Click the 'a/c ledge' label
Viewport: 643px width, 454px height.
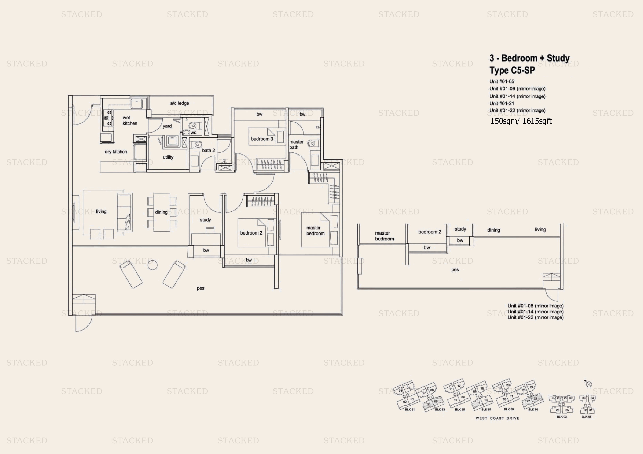coord(179,103)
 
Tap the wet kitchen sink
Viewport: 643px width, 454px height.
coord(137,103)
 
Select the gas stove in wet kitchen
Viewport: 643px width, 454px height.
coord(108,118)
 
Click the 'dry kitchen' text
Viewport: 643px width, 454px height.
coord(116,152)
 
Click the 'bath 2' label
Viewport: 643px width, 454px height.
coord(208,150)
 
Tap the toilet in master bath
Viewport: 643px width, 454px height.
coord(312,144)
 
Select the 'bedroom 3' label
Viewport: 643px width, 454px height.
coord(262,139)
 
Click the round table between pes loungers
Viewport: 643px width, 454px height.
coord(152,265)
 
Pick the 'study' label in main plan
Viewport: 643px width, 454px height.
coord(205,220)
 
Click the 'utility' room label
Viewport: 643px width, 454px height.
coord(168,157)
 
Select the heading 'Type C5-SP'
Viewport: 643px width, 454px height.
coord(512,70)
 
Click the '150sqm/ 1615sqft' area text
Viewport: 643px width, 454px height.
coord(521,121)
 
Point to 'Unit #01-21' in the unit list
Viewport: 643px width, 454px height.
coord(501,103)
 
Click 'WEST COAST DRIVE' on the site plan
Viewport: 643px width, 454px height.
coord(497,418)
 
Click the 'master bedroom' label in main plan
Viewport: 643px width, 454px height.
coord(315,231)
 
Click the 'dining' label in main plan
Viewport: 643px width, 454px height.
coord(161,212)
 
